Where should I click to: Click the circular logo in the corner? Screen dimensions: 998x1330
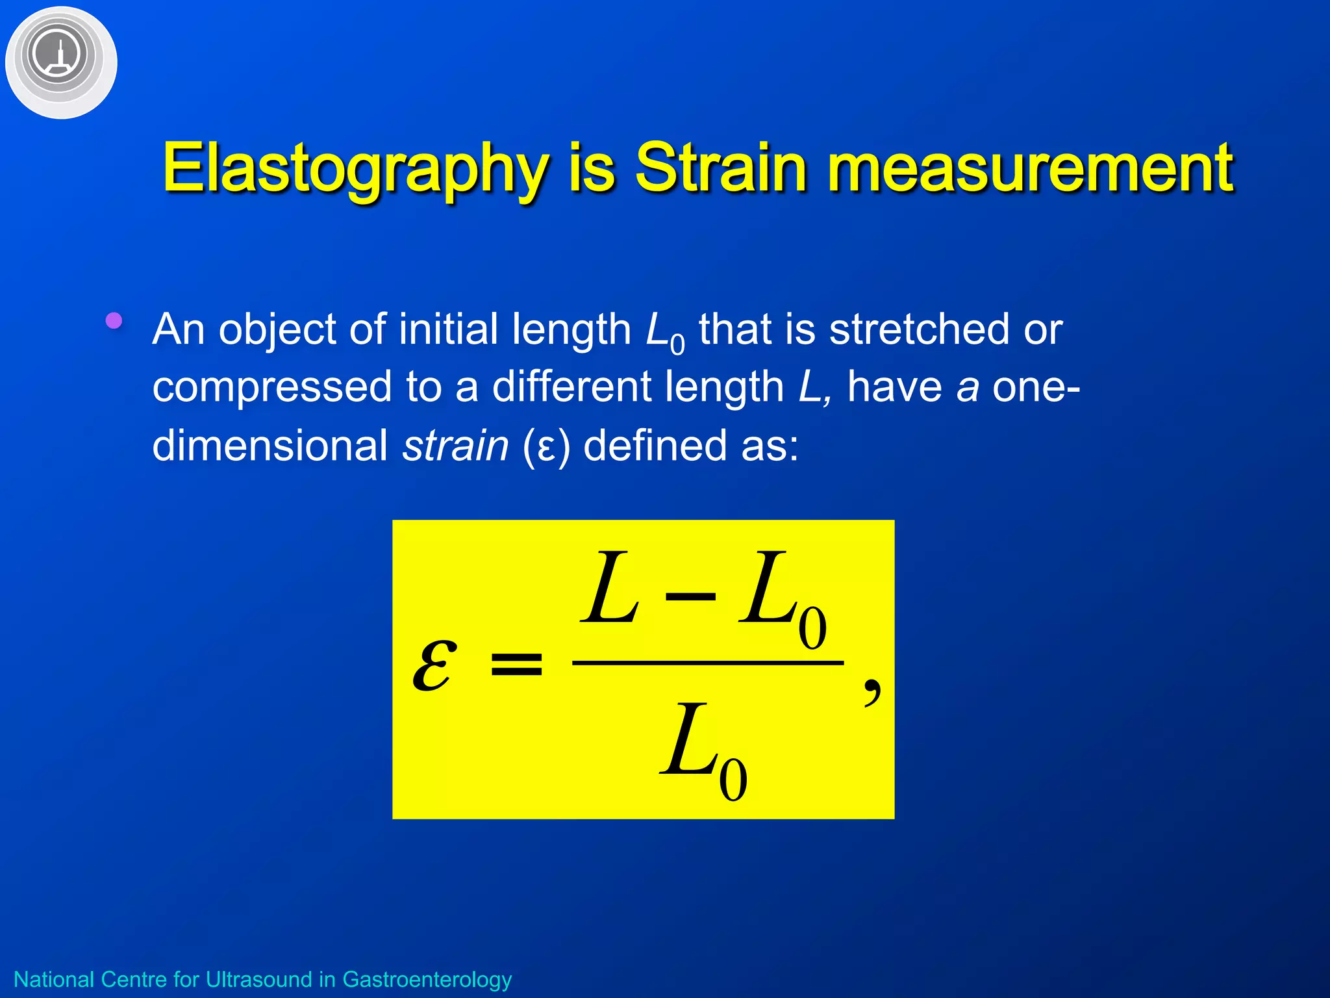[60, 62]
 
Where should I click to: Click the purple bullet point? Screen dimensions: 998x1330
[114, 320]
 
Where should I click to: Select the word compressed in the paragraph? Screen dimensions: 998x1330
[271, 388]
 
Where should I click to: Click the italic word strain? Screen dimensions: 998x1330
[455, 446]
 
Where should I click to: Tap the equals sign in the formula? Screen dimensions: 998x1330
[516, 665]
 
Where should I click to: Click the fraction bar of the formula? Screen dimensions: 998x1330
[707, 663]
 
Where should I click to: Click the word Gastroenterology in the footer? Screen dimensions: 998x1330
[427, 979]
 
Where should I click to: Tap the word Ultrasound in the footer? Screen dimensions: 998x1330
[258, 979]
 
